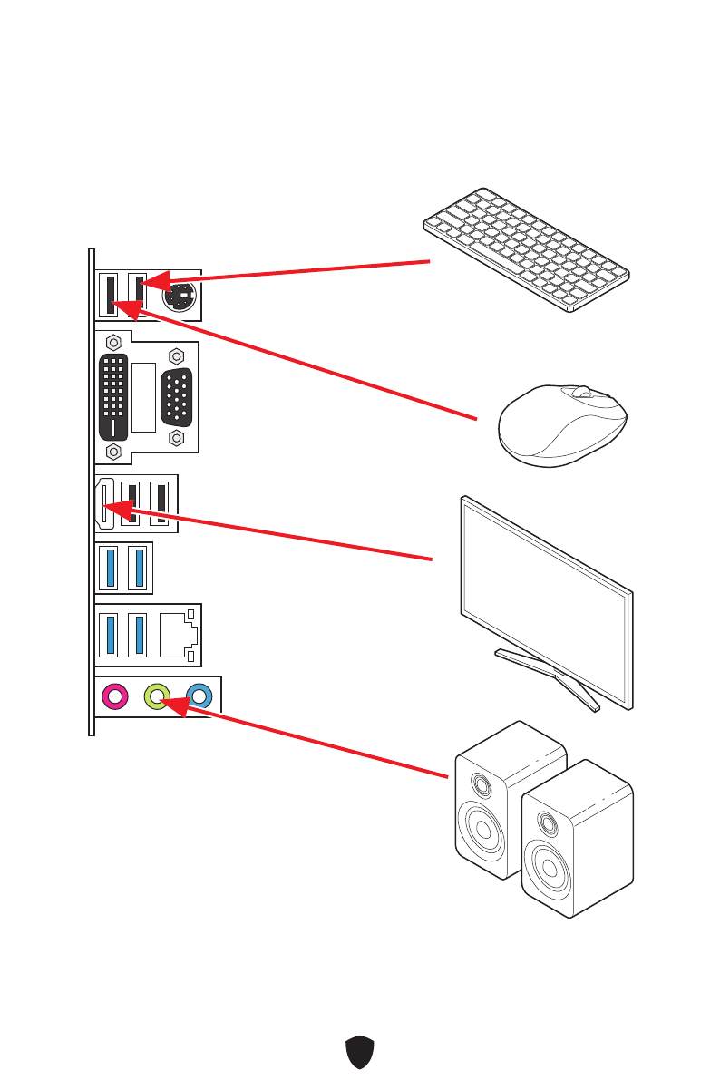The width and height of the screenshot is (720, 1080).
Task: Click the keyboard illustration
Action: pyautogui.click(x=527, y=248)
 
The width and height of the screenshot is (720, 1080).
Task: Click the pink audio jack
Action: pyautogui.click(x=114, y=696)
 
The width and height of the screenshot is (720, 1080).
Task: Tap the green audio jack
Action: pyautogui.click(x=157, y=696)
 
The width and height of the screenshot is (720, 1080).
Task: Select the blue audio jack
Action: pyautogui.click(x=199, y=696)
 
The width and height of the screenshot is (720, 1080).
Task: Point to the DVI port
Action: pyautogui.click(x=113, y=395)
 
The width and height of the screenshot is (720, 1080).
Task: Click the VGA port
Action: pyautogui.click(x=178, y=396)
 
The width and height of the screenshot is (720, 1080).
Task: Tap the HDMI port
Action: pyautogui.click(x=104, y=503)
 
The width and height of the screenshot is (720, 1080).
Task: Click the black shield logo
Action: pyautogui.click(x=360, y=1053)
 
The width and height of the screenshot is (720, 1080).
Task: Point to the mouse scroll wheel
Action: pyautogui.click(x=580, y=394)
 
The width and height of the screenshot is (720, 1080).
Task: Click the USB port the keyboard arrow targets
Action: pyautogui.click(x=138, y=292)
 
